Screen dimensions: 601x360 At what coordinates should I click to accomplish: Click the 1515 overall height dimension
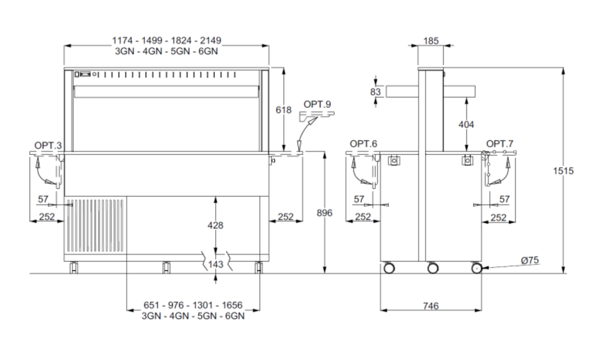coord(563,171)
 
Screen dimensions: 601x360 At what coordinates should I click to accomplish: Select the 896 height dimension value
coord(325,213)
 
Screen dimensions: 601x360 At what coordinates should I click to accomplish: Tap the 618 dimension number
coord(284,110)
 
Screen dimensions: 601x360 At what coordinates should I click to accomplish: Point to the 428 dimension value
coord(215,225)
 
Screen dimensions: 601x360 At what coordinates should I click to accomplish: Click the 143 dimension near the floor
coord(215,264)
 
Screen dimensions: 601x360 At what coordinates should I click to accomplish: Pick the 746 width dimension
coord(431,306)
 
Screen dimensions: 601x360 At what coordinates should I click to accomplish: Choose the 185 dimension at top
coord(431,41)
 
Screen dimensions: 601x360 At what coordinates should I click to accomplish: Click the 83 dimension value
coord(376,92)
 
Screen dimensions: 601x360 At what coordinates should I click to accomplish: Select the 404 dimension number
coord(466,124)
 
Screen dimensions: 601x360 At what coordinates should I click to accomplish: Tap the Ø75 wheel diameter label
coord(529,260)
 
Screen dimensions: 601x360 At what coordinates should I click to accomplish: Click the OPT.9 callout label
coord(317,105)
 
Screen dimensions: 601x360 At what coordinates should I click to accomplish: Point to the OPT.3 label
coord(48,145)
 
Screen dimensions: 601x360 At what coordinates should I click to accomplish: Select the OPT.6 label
coord(364,144)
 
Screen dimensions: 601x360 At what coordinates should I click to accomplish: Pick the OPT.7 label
coord(500,144)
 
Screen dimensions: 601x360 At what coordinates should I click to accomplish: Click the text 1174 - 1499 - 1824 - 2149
coord(166,40)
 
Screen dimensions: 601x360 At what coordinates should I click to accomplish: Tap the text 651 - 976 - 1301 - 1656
coord(193,305)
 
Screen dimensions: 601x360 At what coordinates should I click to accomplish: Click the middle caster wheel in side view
coord(433,268)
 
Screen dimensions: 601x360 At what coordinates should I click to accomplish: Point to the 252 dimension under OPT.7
coord(499,218)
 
